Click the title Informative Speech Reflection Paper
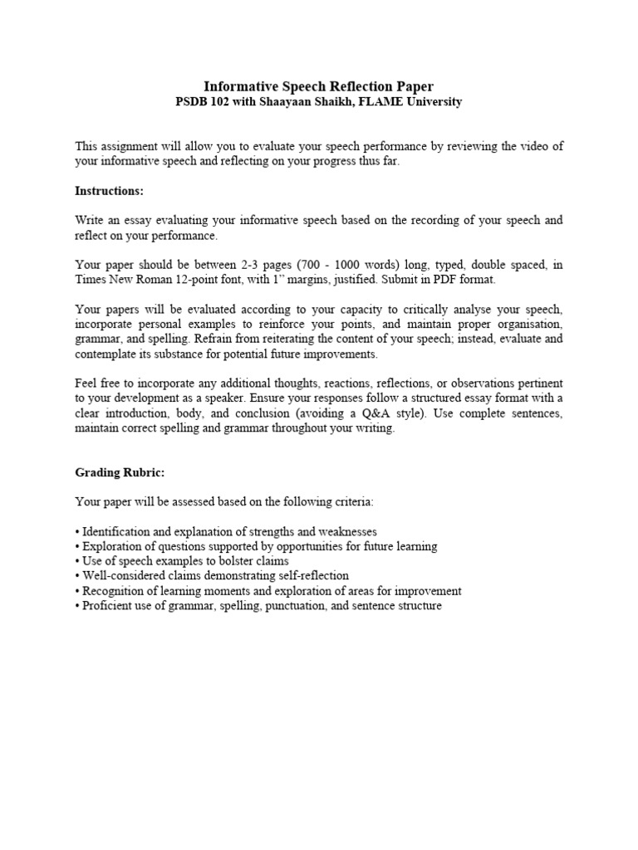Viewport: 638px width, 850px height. (319, 86)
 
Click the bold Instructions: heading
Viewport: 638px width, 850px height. (109, 191)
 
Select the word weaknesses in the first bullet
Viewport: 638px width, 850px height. (342, 531)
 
